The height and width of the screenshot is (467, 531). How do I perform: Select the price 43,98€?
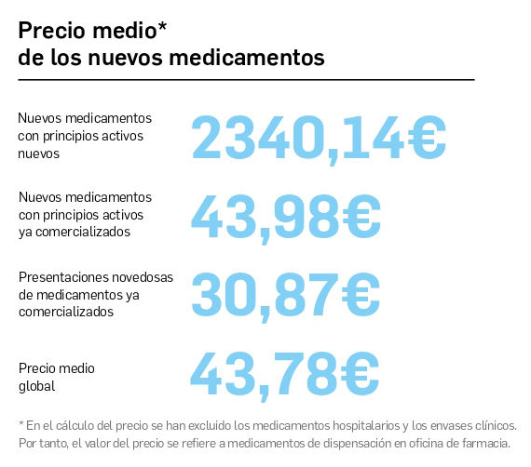coord(286,215)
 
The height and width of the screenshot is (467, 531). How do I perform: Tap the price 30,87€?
coord(286,294)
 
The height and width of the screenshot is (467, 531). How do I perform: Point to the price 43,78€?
coord(285,372)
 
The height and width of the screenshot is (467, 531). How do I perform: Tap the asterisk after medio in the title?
coord(162,28)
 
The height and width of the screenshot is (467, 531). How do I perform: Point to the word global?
coord(36,386)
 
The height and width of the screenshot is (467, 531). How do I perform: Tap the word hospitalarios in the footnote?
coord(363,425)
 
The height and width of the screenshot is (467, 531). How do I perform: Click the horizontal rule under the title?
coord(246,80)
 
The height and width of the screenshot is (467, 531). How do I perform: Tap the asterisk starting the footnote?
coord(20,424)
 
